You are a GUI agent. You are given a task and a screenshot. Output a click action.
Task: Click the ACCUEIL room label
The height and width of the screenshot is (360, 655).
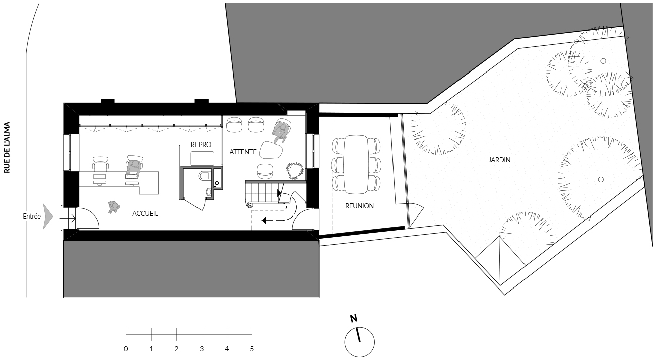pos(145,213)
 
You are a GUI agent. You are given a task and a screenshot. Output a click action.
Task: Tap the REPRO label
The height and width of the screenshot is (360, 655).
pos(201,145)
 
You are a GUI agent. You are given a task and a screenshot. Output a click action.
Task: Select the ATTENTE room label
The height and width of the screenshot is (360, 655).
pos(243,152)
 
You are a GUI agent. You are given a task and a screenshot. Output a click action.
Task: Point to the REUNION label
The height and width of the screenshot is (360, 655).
pos(359,206)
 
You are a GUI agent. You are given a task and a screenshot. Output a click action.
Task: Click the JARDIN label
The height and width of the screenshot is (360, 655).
pos(499,160)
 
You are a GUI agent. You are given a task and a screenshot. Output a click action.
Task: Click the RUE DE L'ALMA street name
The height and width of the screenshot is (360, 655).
pos(7,147)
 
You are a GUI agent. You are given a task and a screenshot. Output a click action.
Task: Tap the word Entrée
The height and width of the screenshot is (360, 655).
pos(32,217)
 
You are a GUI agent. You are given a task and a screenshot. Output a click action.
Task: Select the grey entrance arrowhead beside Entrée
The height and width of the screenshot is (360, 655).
pos(48,217)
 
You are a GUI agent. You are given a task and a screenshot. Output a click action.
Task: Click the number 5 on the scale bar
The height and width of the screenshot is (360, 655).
pos(252,349)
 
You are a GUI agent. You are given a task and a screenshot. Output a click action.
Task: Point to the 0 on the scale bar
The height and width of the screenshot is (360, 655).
pos(126,349)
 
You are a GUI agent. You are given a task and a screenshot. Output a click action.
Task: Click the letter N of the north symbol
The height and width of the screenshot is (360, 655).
pos(354,318)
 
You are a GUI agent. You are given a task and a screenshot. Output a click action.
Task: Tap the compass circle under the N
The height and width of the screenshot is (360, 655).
pos(359,328)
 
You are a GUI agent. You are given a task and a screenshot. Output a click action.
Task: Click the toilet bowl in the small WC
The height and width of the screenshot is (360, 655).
pos(204,175)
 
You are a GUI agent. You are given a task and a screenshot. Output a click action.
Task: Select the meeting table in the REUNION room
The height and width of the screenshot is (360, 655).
pos(356,164)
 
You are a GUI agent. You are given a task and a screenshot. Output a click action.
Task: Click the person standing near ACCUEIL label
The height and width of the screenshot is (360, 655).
pos(113,207)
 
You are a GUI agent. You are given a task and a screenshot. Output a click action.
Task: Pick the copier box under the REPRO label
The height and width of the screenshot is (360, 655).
pos(202,159)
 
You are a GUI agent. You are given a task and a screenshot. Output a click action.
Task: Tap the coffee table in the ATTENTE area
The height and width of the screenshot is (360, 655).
pos(271,150)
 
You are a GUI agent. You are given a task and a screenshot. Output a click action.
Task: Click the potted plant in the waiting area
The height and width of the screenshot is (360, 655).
pos(294,171)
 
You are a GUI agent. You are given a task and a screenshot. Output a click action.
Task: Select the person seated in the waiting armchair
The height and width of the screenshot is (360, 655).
pos(281,131)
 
